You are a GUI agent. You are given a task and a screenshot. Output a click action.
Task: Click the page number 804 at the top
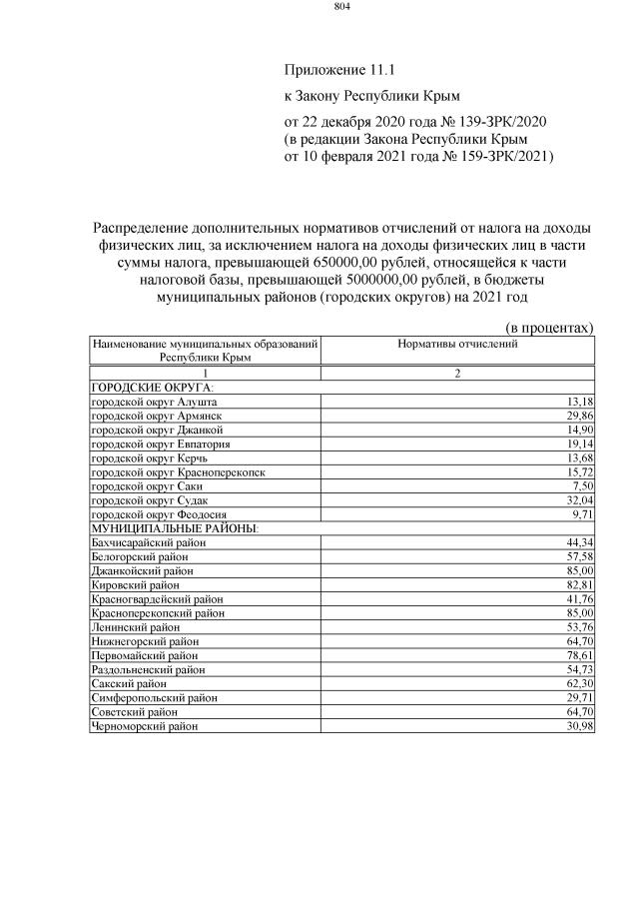pos(341,8)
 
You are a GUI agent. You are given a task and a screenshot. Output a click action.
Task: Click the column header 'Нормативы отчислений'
pos(457,344)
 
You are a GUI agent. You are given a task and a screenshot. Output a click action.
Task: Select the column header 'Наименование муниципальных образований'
pos(205,344)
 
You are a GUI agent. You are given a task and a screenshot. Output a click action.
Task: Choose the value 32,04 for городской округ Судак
pos(578,498)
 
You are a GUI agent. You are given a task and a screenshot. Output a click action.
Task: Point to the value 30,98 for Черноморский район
pos(578,726)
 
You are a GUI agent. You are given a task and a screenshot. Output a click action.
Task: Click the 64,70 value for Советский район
pos(578,712)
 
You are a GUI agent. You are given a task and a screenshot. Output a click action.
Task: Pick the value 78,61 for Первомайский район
pos(578,655)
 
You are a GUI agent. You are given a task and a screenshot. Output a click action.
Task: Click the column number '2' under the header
pos(457,373)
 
